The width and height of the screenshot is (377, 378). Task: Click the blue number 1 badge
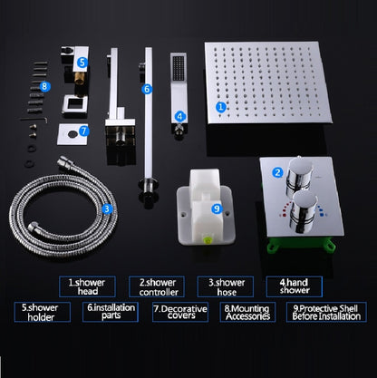(x=221, y=107)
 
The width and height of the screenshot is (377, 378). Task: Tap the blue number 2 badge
(x=277, y=172)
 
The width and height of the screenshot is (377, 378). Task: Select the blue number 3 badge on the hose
(x=107, y=208)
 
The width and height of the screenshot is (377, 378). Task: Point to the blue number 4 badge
(x=179, y=116)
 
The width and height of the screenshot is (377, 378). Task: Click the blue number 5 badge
(x=82, y=63)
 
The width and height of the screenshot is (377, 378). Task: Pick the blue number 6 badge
(x=147, y=89)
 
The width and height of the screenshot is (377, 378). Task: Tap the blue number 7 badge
(x=83, y=131)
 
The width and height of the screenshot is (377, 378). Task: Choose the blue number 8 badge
(x=44, y=87)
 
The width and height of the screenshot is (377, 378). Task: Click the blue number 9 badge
(x=217, y=208)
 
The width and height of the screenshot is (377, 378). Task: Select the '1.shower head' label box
(x=87, y=286)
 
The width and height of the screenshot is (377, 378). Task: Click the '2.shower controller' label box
(x=157, y=286)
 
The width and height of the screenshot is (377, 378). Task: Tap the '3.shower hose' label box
(x=226, y=286)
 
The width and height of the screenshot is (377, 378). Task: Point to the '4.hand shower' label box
(x=295, y=286)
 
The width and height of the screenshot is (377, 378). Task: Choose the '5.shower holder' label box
(x=43, y=312)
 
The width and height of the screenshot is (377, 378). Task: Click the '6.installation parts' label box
(x=111, y=312)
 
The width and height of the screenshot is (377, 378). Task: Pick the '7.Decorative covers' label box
(x=180, y=312)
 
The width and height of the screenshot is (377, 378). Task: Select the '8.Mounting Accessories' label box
(x=247, y=312)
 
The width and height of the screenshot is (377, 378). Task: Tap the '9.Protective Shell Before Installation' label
(x=326, y=312)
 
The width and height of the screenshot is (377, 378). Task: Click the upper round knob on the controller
(x=299, y=175)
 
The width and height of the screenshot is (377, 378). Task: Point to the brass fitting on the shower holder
(x=79, y=79)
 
